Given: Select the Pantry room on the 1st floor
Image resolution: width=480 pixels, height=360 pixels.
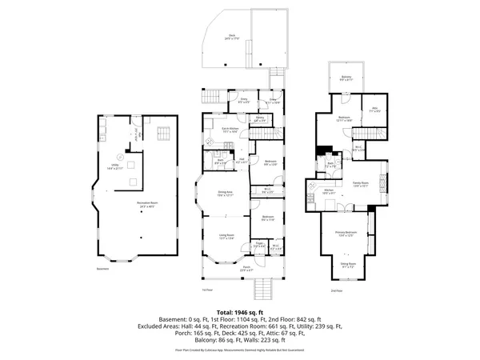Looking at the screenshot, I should click(x=260, y=119).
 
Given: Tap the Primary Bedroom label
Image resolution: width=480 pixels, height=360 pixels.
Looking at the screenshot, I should click(x=345, y=234).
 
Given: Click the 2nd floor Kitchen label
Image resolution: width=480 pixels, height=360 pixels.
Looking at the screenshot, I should click(x=328, y=192).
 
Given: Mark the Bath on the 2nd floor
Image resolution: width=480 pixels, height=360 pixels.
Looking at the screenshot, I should click(x=330, y=165).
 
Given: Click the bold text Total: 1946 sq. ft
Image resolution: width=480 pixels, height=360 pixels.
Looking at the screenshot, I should click(x=239, y=312).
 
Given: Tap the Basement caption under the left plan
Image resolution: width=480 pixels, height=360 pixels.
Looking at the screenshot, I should click(x=103, y=269).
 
